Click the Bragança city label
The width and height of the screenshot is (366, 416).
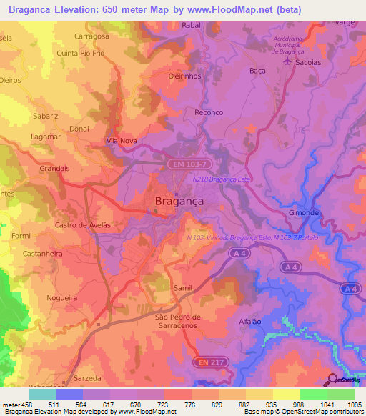coord(179,202)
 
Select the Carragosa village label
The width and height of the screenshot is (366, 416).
coord(91,36)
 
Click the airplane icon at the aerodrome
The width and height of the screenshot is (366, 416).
coord(289,61)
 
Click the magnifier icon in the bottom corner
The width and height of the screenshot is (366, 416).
coord(332,379)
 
